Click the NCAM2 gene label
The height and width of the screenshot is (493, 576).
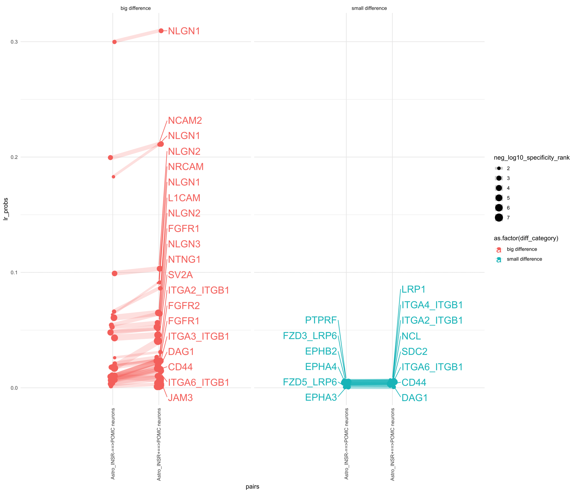[185, 120]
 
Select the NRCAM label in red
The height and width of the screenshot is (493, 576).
[186, 167]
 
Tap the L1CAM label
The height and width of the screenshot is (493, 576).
[184, 198]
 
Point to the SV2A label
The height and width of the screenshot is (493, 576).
[180, 275]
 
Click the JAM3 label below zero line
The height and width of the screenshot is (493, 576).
[180, 398]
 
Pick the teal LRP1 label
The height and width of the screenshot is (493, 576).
[413, 289]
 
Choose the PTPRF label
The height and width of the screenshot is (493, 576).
[321, 320]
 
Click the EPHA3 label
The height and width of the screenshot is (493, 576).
[321, 397]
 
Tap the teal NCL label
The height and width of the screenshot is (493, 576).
[411, 336]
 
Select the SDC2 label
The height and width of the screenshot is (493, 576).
[414, 352]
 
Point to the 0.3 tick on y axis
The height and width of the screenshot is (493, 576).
[14, 42]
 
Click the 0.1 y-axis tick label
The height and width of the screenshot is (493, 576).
[14, 273]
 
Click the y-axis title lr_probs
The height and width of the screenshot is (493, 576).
[6, 209]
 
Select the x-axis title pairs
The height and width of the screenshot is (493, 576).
[253, 486]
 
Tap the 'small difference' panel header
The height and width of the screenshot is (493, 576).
[369, 8]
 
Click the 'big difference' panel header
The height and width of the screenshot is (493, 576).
[135, 8]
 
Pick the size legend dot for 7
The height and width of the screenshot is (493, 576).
[499, 218]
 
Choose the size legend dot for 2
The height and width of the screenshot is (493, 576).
[499, 168]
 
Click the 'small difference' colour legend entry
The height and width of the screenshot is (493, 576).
[524, 259]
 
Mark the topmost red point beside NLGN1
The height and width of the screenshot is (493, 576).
[161, 31]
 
